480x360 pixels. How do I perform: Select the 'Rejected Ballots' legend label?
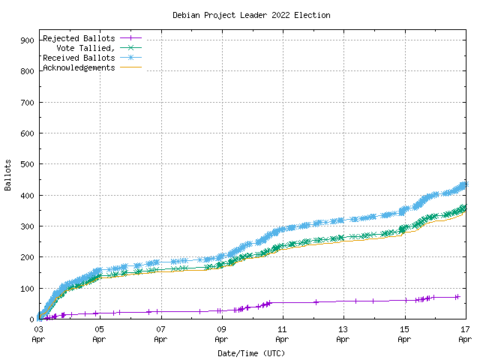tap(79, 38)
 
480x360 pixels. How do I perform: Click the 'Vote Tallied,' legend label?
tap(85, 48)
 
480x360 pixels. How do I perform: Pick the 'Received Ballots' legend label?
tap(79, 58)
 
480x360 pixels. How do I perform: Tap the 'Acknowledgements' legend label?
tap(79, 67)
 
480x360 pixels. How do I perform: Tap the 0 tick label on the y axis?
tap(31, 319)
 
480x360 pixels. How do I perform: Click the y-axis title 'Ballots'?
tap(8, 175)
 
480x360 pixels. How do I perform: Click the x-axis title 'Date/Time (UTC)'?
tap(251, 352)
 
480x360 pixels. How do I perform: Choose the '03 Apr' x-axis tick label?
tap(38, 334)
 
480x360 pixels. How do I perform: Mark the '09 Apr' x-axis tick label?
tap(221, 334)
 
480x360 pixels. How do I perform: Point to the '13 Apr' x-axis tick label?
tap(343, 334)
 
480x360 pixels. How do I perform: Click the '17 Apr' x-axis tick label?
tap(465, 334)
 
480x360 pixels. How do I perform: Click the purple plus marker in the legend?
tap(130, 38)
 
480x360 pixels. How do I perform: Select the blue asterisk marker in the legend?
tap(130, 58)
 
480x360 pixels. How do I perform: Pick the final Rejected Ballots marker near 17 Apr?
tap(457, 297)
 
